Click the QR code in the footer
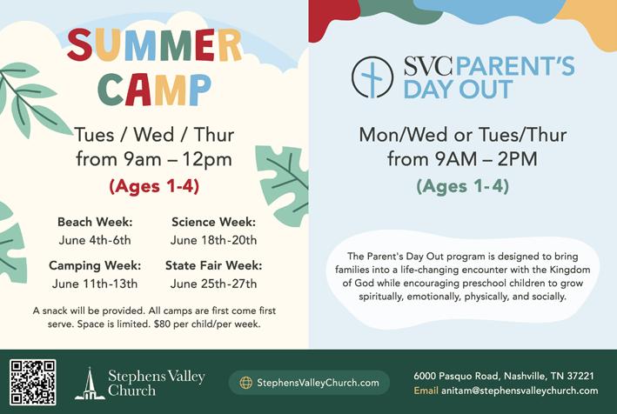click(x=33, y=382)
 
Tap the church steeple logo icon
click(x=91, y=384)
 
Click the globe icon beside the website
click(x=246, y=383)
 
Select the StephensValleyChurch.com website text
click(x=318, y=383)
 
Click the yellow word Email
click(x=426, y=391)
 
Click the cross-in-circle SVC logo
click(x=372, y=77)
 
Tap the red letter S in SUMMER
click(x=80, y=44)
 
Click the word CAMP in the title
click(x=154, y=90)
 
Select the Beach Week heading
click(x=95, y=222)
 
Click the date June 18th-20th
click(x=214, y=240)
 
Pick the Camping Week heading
click(x=95, y=265)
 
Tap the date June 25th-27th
click(x=214, y=284)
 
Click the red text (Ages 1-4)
click(x=154, y=186)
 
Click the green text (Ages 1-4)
click(x=463, y=186)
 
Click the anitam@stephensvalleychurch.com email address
click(x=520, y=391)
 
